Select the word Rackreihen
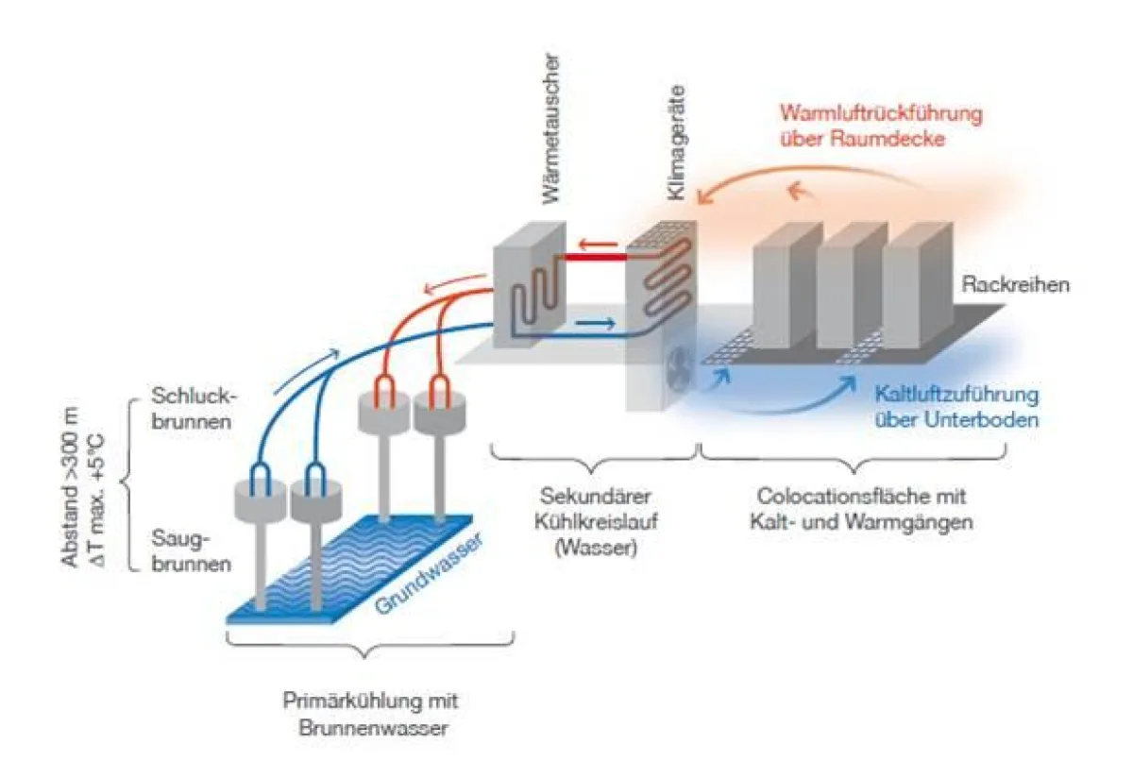(1015, 284)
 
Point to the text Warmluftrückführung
(880, 113)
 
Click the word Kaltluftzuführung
(956, 395)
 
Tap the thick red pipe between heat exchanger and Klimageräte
(595, 257)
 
